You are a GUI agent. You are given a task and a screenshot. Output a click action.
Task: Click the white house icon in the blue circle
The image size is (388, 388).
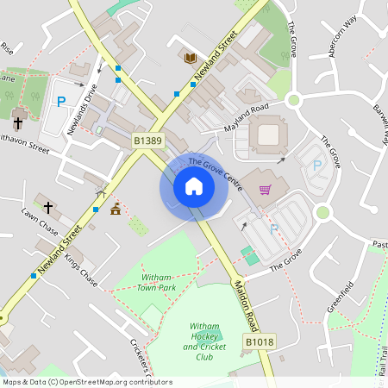[194, 186]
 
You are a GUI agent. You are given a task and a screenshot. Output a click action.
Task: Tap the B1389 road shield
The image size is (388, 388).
[147, 140]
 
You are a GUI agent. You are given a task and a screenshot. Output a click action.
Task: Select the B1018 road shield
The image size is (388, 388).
[259, 342]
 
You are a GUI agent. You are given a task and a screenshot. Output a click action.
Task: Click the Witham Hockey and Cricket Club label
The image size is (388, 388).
[203, 341]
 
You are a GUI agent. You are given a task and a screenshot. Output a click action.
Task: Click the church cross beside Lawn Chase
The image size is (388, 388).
[48, 208]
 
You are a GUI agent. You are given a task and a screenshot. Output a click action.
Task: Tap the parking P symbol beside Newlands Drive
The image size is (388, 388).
[61, 102]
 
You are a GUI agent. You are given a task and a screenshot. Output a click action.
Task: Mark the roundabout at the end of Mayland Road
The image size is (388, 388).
[293, 100]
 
